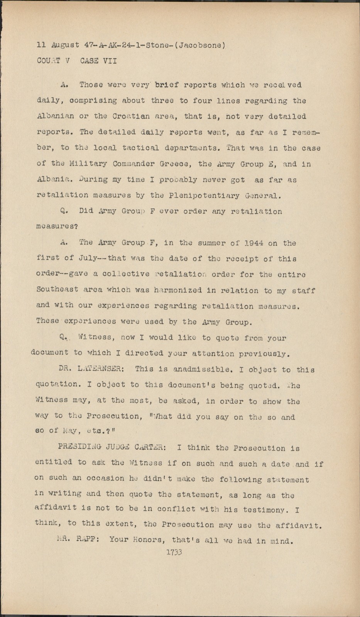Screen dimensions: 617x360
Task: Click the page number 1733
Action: tap(174, 552)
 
